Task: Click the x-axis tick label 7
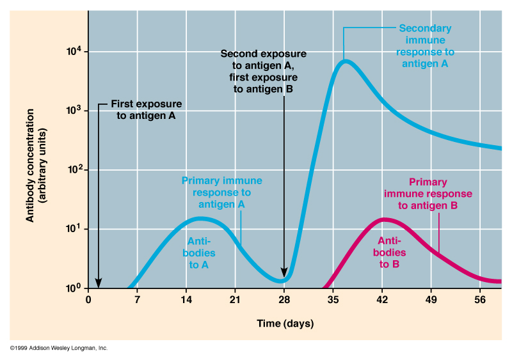click(137, 300)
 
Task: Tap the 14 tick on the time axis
click(186, 300)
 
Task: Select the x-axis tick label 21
click(236, 300)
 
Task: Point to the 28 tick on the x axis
click(285, 300)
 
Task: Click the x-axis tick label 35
click(333, 300)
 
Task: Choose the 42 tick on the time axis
click(382, 300)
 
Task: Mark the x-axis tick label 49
click(431, 300)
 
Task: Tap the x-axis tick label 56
click(481, 300)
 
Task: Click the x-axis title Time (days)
click(285, 324)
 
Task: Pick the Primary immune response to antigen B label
click(428, 194)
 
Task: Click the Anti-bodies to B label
click(389, 252)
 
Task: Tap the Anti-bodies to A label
click(203, 252)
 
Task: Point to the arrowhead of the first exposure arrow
click(99, 283)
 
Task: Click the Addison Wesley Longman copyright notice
click(58, 348)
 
